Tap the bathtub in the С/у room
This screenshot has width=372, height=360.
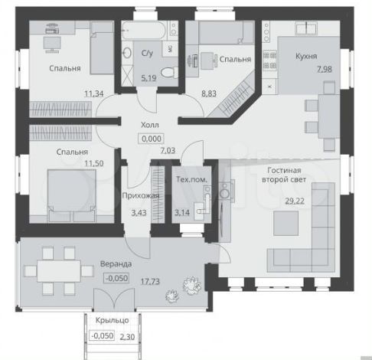point(145,31)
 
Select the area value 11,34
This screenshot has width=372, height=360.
point(94,93)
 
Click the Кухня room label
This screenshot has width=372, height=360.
point(306,56)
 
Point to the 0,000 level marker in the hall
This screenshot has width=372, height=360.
point(152,139)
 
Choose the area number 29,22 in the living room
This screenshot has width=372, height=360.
point(295,201)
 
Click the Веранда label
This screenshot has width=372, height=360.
point(116,263)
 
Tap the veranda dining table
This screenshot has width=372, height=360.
point(59,271)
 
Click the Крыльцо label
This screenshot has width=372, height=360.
point(113,320)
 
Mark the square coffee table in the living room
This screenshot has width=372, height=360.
point(286,223)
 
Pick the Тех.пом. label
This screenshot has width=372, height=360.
point(191,179)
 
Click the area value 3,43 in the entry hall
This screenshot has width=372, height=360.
point(139,213)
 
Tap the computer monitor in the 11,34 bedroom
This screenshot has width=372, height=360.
point(52,44)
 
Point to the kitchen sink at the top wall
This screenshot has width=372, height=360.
point(306,28)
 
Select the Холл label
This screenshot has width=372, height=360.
point(150,125)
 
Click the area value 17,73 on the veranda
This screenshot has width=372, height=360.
point(150,282)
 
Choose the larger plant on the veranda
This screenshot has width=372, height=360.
point(192,285)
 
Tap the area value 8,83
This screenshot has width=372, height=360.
point(209,93)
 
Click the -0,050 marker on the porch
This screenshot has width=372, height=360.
point(102,335)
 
